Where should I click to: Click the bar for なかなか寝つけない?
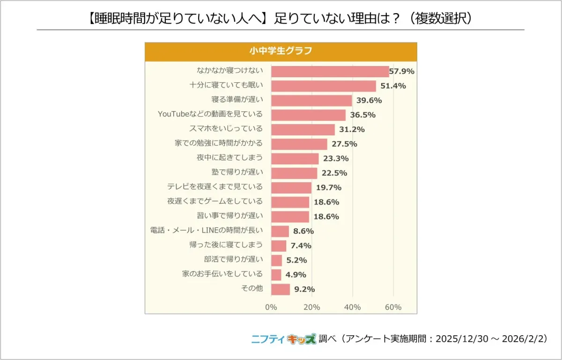330,72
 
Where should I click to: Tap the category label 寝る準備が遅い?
237,100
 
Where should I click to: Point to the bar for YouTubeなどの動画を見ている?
308,115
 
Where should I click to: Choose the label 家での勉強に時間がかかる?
219,143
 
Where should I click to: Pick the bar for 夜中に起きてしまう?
295,158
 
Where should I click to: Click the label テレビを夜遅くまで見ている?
215,187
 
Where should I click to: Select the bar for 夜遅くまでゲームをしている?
290,202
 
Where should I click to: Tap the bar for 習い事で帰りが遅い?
290,216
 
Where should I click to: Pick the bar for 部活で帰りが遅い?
276,260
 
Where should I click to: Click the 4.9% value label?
296,274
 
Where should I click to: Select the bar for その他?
281,289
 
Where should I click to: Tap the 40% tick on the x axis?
352,307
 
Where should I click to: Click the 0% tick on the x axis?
271,307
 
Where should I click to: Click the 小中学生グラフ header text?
281,51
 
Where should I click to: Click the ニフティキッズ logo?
283,339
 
